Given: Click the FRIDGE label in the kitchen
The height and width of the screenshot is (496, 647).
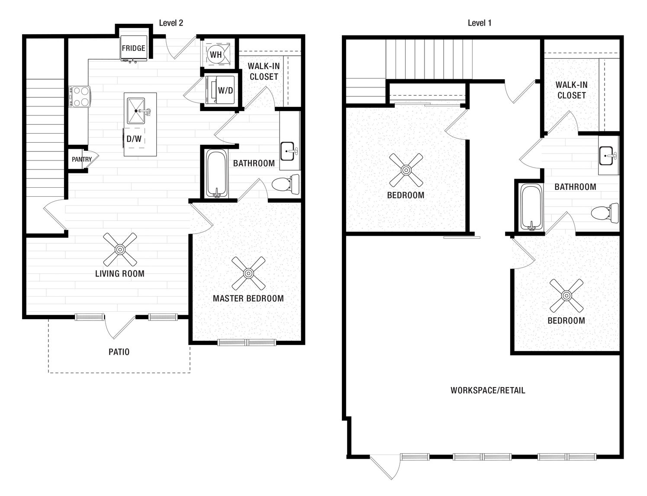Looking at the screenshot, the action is (133, 48).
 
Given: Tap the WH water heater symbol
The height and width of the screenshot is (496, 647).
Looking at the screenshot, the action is (216, 54).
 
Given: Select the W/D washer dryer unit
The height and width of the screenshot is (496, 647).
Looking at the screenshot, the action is (220, 90).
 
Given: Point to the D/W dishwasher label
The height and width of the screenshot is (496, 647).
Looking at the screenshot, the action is (134, 138).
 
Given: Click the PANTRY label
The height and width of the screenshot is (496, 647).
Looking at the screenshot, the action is (82, 160).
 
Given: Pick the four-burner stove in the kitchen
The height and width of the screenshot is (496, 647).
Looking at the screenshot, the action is (80, 96).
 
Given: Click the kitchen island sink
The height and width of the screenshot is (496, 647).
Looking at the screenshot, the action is (136, 111).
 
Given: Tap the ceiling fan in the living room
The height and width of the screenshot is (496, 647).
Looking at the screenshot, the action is (120, 249).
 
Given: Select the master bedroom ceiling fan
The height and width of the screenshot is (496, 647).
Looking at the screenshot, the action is (248, 273).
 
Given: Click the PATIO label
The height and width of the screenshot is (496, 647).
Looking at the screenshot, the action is (119, 352).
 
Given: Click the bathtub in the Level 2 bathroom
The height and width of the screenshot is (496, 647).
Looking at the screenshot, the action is (217, 173).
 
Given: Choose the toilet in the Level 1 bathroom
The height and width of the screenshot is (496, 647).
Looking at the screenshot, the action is (605, 213).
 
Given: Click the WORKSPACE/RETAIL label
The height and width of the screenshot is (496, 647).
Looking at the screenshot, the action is (488, 390).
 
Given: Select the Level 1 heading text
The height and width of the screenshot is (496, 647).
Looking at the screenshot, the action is (480, 23).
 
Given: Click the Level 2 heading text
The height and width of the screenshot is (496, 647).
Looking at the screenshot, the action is (171, 23).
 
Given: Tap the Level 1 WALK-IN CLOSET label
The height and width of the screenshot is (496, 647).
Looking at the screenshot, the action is (571, 90).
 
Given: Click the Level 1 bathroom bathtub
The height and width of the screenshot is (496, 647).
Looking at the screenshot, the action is (532, 207).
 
